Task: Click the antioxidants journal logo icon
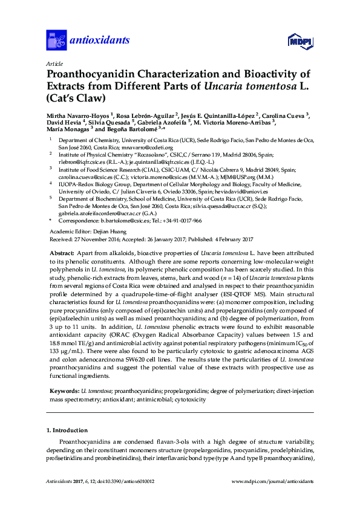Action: tap(56, 41)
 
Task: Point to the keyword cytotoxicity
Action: tap(186, 400)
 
